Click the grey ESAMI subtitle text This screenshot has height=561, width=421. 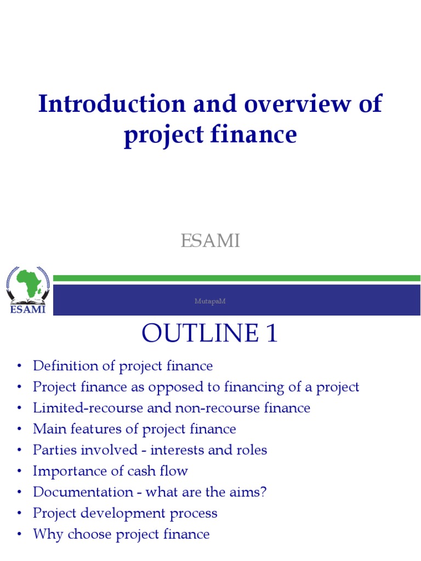tap(210, 241)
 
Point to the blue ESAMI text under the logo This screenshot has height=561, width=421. tap(27, 310)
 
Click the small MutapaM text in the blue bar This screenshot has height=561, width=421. tap(210, 301)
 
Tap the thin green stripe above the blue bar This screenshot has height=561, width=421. tap(236, 278)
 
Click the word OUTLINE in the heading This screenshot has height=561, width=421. tap(193, 334)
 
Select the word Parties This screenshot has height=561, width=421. tap(53, 450)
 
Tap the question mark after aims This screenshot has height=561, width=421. tap(264, 492)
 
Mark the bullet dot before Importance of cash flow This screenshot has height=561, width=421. tap(20, 472)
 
